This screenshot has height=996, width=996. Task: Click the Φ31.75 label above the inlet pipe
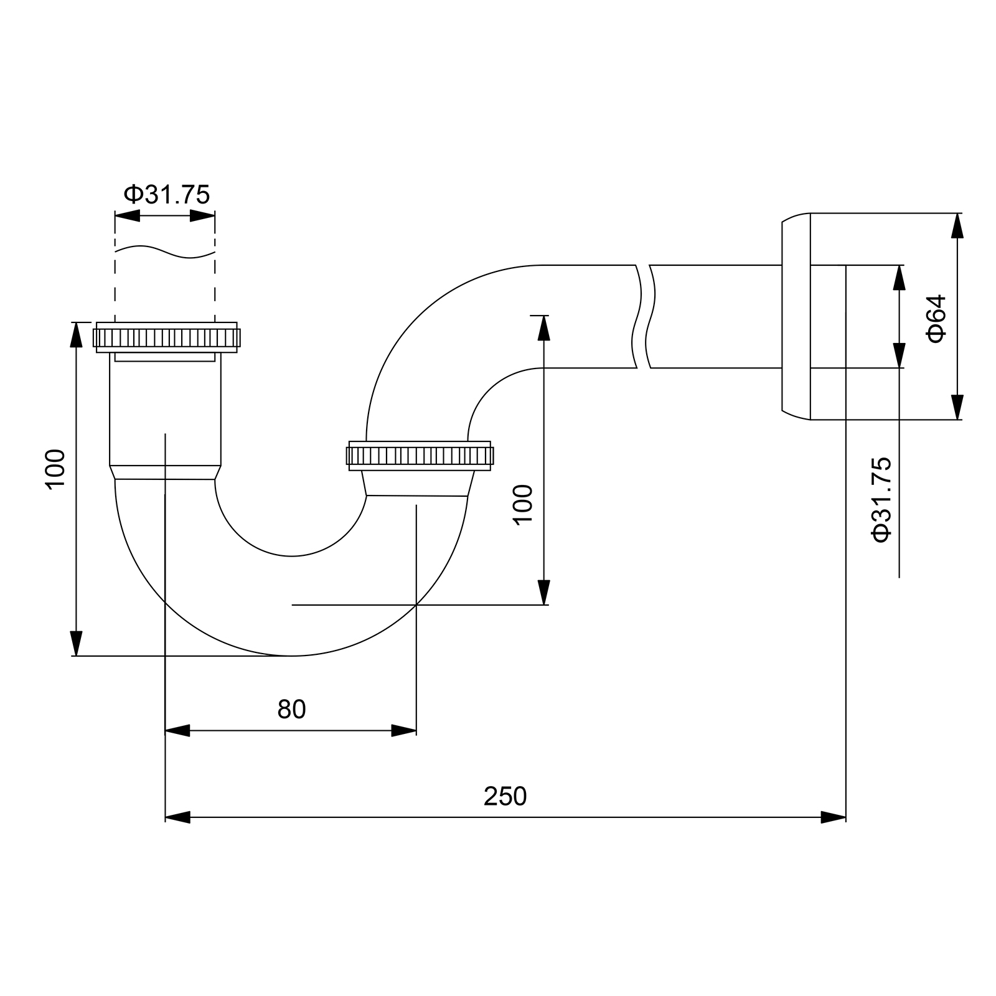[167, 195]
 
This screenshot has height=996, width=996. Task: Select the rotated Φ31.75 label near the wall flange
[882, 499]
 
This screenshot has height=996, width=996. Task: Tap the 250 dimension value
[505, 796]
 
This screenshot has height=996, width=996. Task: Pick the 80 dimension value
[291, 709]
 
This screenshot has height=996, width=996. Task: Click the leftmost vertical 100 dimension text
[55, 469]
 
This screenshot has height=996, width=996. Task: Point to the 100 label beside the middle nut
[524, 504]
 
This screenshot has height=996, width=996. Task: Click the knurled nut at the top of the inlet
[166, 337]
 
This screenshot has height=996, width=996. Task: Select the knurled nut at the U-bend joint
[420, 456]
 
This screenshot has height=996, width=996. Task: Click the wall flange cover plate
[796, 316]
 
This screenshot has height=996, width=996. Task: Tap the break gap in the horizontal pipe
[644, 316]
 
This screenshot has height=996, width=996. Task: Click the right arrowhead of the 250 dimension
[834, 817]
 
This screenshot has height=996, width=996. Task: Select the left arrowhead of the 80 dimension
[177, 731]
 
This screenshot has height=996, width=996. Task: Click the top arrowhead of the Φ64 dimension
[957, 225]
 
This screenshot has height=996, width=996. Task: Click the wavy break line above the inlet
[165, 251]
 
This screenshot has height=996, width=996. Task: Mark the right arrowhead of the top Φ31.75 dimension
[203, 216]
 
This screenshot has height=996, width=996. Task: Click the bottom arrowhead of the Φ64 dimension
[957, 407]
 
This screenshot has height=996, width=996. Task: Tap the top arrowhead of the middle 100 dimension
[544, 327]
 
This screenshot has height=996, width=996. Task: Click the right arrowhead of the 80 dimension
[404, 731]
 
